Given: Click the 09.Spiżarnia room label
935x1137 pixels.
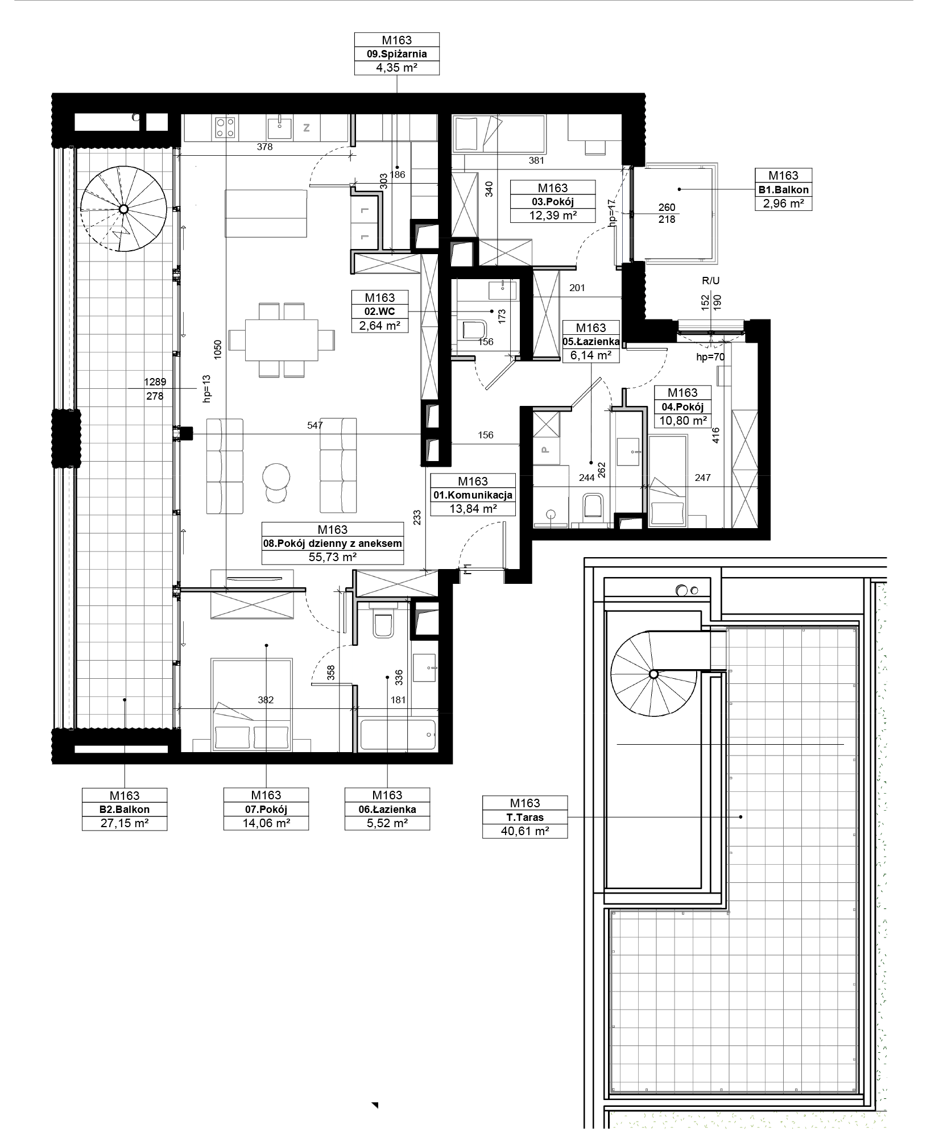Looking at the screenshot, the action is click(397, 55).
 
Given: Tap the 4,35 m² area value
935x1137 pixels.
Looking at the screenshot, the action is click(397, 68).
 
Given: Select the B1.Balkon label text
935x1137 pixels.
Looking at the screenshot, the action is click(783, 190).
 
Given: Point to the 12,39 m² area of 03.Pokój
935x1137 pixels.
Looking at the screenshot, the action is click(553, 215).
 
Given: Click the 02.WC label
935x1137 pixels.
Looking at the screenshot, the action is click(380, 312).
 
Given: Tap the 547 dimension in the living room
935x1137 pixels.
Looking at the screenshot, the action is click(315, 425).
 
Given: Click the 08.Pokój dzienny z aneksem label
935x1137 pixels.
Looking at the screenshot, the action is click(333, 543).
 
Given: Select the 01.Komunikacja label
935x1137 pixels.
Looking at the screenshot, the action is click(473, 495).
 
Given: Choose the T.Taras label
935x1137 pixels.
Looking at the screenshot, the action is click(525, 818).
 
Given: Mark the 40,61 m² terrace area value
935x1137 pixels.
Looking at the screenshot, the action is click(525, 831).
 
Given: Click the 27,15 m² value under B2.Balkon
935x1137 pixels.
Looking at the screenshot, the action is click(125, 823).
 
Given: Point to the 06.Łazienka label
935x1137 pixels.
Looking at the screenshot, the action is click(387, 810).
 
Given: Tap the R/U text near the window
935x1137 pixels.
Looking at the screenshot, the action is click(711, 281).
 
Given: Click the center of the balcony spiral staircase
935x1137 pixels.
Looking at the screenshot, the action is click(123, 209).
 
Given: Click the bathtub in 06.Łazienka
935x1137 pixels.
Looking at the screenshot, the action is click(398, 735).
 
